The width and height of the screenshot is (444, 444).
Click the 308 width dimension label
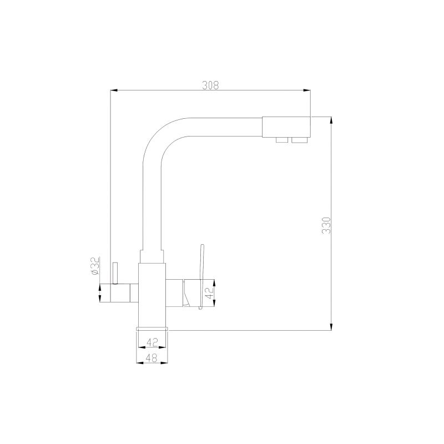pyautogui.click(x=210, y=85)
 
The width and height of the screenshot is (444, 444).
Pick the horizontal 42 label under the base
pyautogui.click(x=153, y=342)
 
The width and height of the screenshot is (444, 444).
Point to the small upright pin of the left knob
pyautogui.click(x=115, y=273)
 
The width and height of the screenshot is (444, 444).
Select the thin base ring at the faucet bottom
pyautogui.click(x=153, y=329)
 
